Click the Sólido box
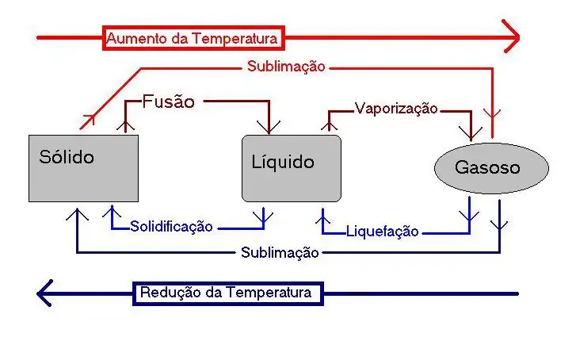83,167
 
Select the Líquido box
291,167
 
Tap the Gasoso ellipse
491,167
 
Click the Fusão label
168,101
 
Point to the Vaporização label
395,109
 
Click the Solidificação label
171,227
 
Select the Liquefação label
382,232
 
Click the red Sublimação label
285,67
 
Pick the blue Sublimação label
280,253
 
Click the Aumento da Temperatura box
193,37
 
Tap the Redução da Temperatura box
228,293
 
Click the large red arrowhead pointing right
511,36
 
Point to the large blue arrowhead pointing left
45,293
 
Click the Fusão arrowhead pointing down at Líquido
270,125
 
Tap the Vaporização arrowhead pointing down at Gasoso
473,133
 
